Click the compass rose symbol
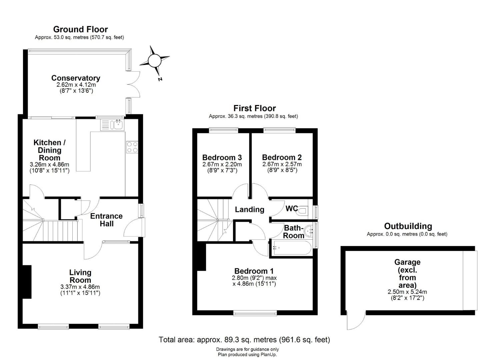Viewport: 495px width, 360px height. click(154, 61)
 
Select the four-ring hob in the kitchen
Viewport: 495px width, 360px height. click(132, 147)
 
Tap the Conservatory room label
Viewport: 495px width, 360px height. click(76, 78)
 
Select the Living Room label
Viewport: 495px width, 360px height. click(80, 276)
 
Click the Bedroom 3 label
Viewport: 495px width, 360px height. click(222, 158)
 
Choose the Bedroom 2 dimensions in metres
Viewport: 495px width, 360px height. click(282, 164)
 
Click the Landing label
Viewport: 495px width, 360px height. click(249, 210)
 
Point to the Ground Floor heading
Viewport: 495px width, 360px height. click(80, 29)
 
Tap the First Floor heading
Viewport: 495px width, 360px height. click(255, 108)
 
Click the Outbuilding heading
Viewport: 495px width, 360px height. click(408, 226)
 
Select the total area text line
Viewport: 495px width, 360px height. click(244, 340)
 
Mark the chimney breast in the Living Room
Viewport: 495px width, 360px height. click(27, 282)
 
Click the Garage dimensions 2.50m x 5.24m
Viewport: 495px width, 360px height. click(407, 292)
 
